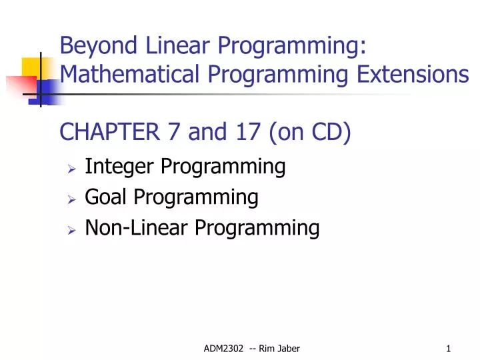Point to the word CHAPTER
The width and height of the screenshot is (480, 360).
111,133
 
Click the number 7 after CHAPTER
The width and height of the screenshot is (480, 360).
173,133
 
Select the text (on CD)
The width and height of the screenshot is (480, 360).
310,133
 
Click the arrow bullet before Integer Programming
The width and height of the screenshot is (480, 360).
72,167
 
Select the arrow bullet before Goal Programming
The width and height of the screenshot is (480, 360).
72,198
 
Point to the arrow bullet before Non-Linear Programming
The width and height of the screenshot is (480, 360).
72,229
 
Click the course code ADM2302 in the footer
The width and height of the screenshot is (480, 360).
221,348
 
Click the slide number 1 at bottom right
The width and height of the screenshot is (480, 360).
449,348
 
